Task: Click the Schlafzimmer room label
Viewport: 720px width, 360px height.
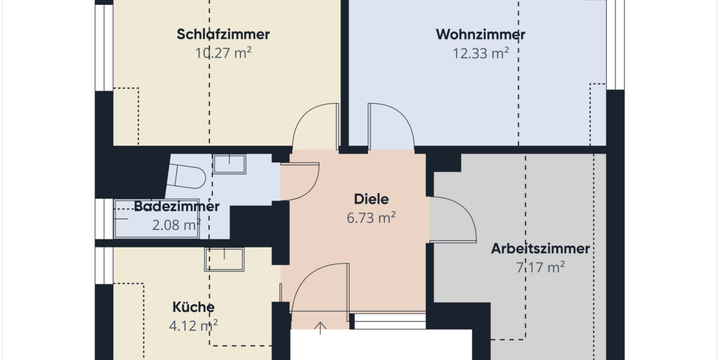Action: pos(223,34)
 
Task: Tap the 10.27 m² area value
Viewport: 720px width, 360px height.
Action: pos(223,52)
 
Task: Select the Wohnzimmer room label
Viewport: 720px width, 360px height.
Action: pos(480,34)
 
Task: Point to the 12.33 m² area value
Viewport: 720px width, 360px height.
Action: pos(480,53)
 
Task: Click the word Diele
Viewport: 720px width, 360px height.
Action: pos(371,199)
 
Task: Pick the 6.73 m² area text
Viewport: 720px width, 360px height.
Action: pos(371,218)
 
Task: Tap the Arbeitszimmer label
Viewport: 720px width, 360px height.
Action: pos(540,248)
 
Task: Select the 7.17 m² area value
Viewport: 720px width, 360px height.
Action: pos(540,267)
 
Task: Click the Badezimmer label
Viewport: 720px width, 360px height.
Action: pos(176,207)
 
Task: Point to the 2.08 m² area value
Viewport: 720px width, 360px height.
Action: pos(175,225)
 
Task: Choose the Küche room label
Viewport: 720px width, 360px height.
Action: pos(193,307)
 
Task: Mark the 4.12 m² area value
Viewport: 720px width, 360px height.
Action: pos(193,325)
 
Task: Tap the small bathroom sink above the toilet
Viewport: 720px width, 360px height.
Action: pos(230,163)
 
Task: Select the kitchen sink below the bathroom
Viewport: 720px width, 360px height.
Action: pos(224,259)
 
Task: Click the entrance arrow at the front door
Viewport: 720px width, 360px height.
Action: pos(320,328)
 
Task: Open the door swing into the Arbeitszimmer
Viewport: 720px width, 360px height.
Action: pos(453,219)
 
